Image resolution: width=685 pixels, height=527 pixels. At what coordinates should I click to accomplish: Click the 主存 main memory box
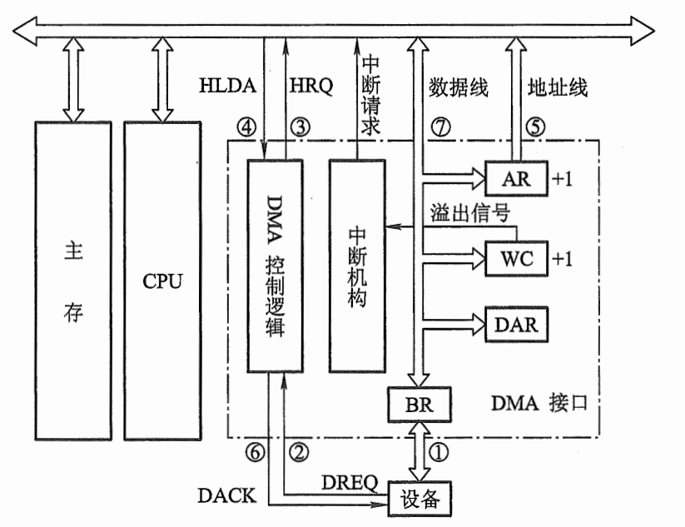tap(73, 281)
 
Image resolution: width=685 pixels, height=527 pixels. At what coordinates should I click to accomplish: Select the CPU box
tap(161, 281)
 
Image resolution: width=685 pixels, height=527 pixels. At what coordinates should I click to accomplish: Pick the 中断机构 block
tap(358, 265)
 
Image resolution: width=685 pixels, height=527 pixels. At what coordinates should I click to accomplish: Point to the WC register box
tap(515, 257)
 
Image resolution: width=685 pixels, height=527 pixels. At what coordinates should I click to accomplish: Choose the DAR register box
tap(517, 324)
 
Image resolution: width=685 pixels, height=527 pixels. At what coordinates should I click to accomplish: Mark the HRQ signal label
tap(310, 86)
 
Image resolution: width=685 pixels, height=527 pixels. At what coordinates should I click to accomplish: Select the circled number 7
tap(440, 127)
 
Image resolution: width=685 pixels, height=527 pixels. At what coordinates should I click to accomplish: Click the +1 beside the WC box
tap(562, 258)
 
